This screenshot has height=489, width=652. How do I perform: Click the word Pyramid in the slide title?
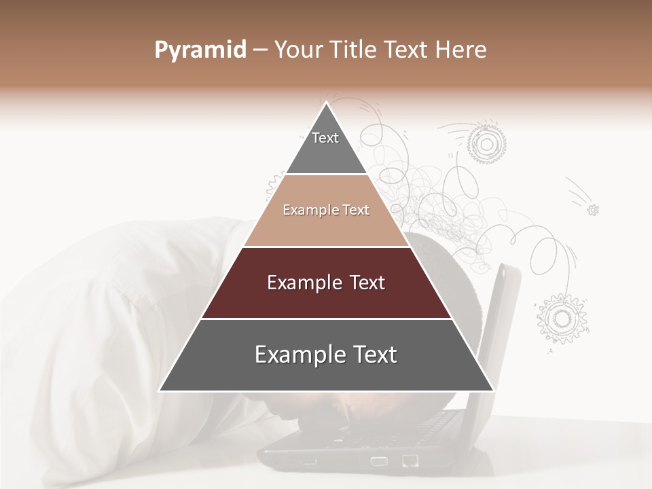coord(200,50)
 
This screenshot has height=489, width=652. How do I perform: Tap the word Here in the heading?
coord(462,50)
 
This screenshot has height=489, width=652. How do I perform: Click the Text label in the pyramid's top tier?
coord(325,138)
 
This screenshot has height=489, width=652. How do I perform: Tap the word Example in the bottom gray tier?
coord(297,355)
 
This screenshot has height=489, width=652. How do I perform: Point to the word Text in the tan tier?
coord(356,210)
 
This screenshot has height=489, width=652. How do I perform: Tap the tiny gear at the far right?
coord(593,210)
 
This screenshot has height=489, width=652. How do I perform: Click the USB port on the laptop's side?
coord(309,462)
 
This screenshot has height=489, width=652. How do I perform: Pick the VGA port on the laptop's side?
coord(378,461)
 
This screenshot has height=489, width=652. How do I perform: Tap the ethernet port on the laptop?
coord(410,460)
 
